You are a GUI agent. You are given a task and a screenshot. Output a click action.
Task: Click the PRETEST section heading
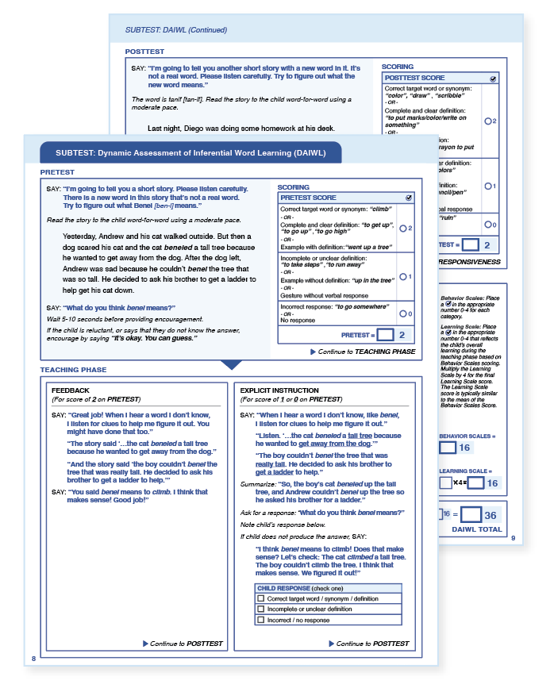tap(57, 171)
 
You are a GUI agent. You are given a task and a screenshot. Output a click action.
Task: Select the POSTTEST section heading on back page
tap(144, 52)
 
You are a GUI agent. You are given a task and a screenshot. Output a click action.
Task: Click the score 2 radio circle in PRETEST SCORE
tap(403, 229)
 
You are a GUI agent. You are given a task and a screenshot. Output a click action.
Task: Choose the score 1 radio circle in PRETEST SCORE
tap(403, 276)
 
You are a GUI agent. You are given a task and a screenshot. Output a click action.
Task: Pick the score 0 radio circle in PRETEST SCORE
tap(403, 313)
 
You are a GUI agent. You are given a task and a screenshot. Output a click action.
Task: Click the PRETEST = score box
tap(387, 335)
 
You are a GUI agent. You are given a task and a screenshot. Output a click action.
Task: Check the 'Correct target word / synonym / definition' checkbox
tap(261, 599)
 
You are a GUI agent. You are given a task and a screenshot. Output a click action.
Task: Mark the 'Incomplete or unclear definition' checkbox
tap(261, 609)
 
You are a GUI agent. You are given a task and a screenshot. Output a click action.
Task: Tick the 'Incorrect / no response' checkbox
tap(261, 620)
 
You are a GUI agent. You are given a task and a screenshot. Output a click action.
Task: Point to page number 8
tap(33, 659)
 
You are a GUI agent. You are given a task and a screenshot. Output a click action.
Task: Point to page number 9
tap(512, 539)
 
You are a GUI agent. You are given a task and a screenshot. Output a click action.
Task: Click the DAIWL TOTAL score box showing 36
tap(474, 514)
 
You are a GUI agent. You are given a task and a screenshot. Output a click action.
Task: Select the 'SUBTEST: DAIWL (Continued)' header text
tap(176, 30)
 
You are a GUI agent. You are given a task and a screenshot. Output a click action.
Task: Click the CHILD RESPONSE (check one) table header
tap(293, 588)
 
